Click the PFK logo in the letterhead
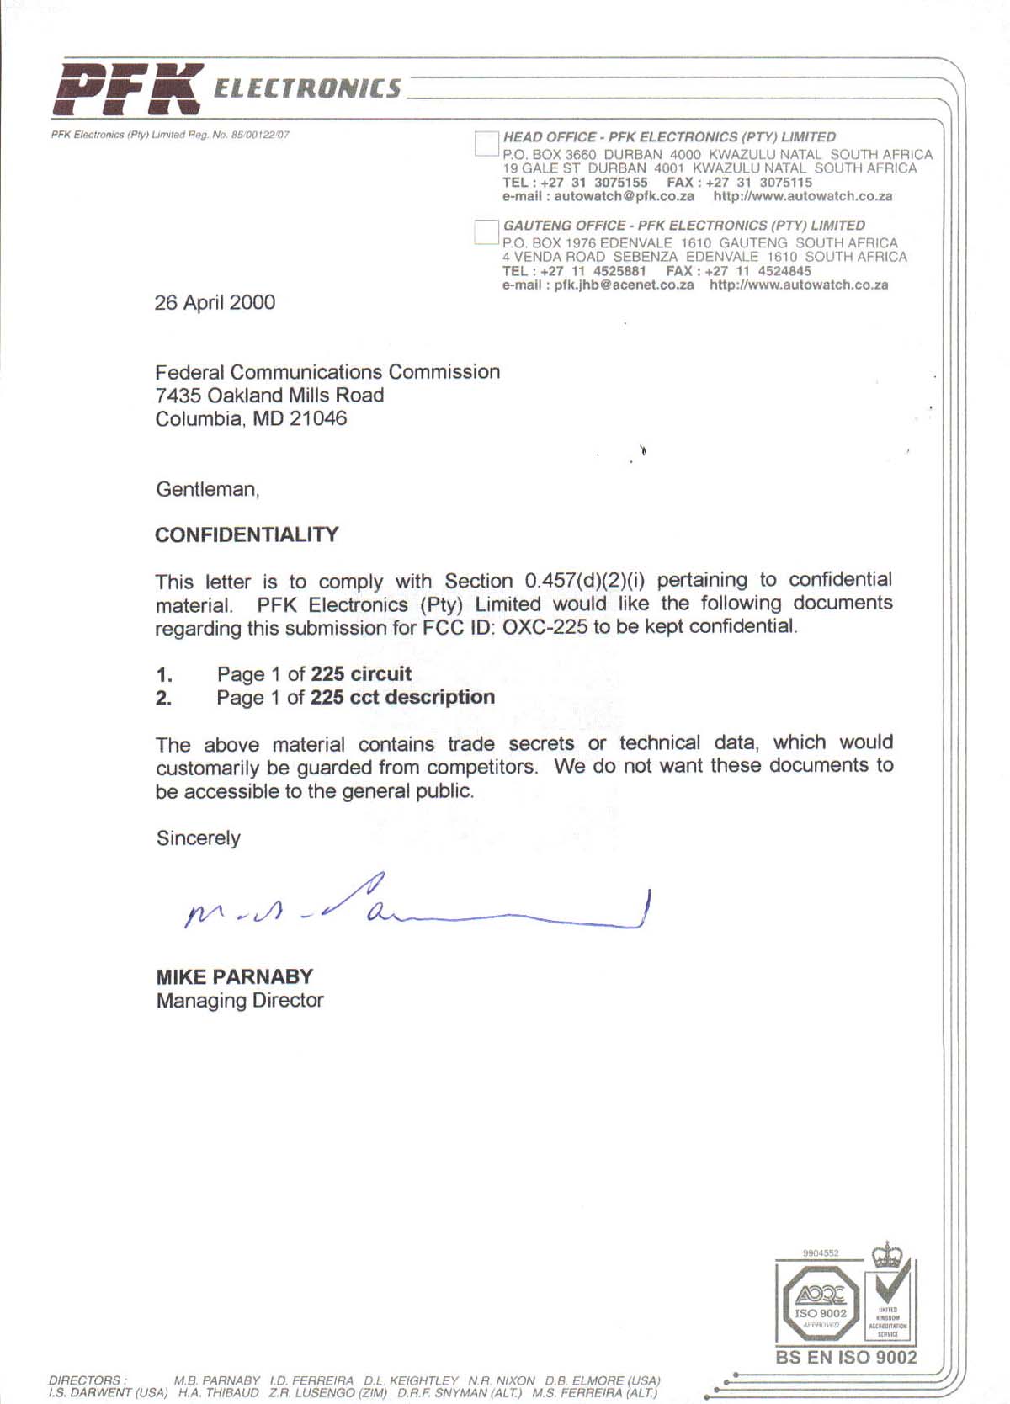128,88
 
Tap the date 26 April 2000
215,302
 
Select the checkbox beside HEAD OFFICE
486,143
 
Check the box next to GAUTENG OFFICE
486,231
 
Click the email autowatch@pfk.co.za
624,196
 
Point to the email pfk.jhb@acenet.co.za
624,285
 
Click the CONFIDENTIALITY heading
247,534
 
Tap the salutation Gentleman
207,489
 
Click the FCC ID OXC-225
545,627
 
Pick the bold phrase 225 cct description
402,697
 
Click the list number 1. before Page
164,674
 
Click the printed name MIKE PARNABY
234,976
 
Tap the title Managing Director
240,1000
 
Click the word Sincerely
199,838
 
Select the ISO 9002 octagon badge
820,1304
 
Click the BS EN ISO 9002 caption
846,1357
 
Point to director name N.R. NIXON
501,1380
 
